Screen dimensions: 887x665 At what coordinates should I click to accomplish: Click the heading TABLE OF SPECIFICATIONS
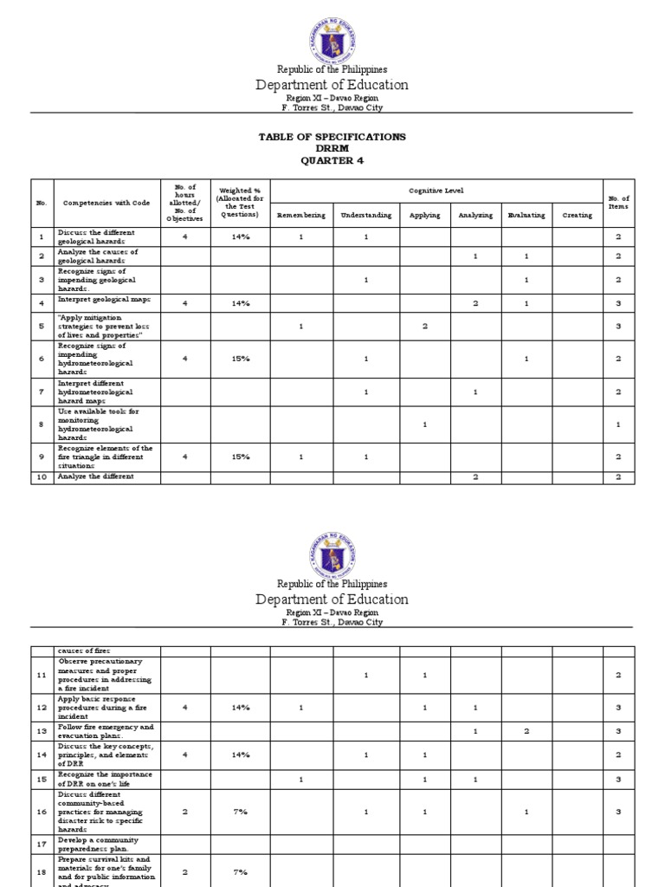[332, 137]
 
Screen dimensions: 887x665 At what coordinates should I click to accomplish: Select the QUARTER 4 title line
[332, 160]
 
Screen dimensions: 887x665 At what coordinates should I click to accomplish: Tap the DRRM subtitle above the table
[332, 149]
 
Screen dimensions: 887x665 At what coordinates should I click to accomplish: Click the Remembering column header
[300, 215]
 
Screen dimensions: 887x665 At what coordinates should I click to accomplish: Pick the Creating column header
[578, 215]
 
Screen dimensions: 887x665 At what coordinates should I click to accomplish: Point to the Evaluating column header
[526, 215]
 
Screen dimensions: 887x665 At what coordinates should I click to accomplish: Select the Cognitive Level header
[436, 188]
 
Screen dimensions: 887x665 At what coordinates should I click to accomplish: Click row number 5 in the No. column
[42, 327]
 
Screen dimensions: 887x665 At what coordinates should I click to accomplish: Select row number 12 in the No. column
[42, 708]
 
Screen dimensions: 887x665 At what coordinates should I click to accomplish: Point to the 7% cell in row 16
[240, 812]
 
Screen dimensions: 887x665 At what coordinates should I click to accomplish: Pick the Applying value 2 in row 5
[424, 327]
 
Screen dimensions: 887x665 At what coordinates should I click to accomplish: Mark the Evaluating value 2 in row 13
[526, 732]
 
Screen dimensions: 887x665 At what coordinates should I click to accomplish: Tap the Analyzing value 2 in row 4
[475, 303]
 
